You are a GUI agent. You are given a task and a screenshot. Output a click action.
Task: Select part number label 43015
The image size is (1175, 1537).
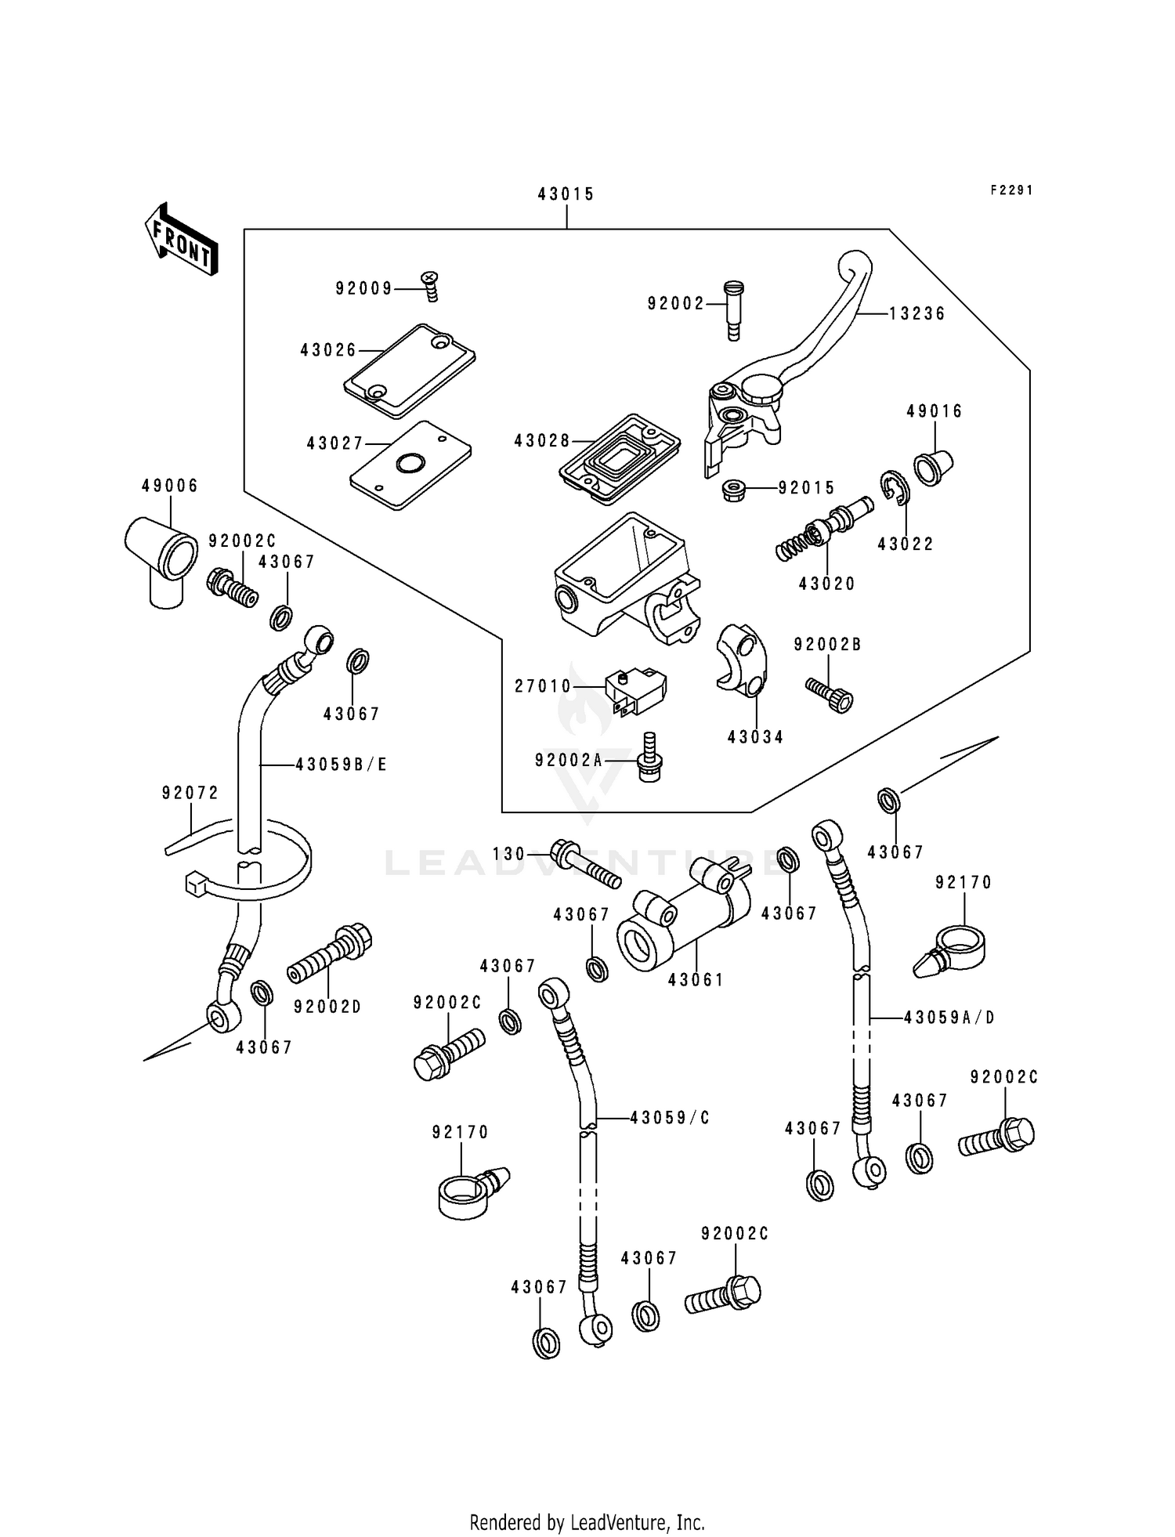coord(566,194)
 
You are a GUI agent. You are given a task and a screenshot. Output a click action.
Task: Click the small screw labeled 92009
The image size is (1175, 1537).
coord(430,285)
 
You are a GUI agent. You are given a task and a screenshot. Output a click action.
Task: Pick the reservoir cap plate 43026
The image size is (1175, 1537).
coord(410,370)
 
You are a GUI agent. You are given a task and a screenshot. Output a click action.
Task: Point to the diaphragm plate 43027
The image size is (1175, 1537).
coord(410,465)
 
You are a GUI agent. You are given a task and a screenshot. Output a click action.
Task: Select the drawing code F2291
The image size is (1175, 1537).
coord(1011,190)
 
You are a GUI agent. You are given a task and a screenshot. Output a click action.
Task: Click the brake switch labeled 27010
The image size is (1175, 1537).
coord(635,691)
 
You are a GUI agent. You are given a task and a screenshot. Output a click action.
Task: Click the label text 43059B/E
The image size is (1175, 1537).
coord(342,764)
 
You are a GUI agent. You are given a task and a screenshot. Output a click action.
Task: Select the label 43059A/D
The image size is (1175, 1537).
coord(949,1018)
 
